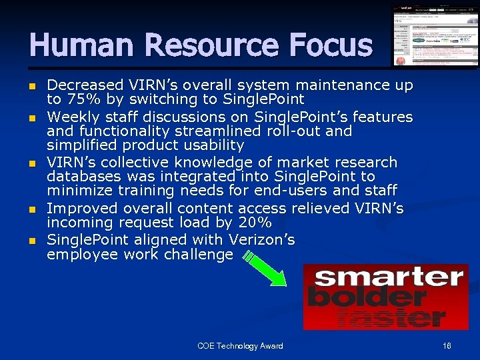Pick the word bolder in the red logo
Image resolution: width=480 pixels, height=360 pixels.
(367, 297)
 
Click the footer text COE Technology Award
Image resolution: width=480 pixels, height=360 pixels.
(240, 346)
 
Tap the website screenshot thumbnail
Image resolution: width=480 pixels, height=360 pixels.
(435, 36)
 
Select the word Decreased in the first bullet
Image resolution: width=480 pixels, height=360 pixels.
(86, 85)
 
